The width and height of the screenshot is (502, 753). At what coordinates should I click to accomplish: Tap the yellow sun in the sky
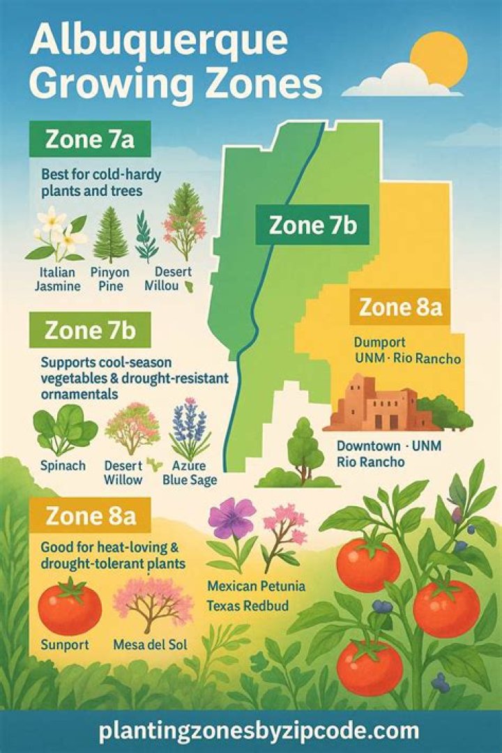438,59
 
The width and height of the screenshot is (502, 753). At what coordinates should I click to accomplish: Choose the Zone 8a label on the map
401,307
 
